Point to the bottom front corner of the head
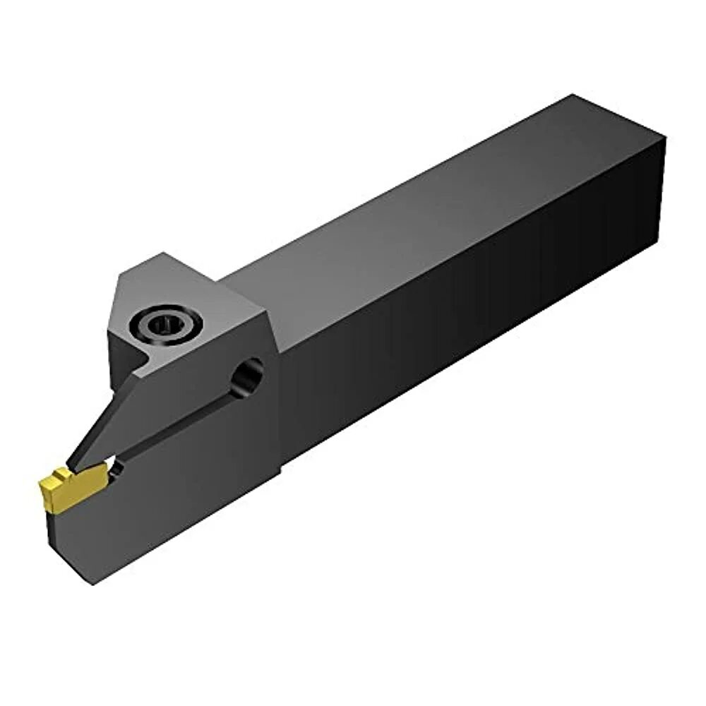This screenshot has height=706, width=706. point(94,583)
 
